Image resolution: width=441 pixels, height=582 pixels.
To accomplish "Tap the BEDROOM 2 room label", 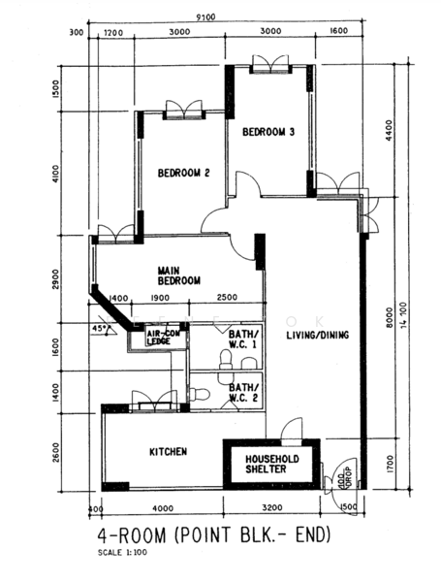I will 183,175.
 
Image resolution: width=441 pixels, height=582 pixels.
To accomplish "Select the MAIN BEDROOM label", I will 179,275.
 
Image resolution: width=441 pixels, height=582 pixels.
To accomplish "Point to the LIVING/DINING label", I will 317,337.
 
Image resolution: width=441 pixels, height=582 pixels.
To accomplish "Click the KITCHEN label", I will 168,452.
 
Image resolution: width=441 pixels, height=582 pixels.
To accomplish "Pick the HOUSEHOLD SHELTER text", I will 271,463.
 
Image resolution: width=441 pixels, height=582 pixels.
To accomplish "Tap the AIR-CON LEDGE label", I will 161,337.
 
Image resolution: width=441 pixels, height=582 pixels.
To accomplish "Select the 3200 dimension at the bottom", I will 271,507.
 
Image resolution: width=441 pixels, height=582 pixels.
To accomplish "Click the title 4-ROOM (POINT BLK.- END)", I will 214,534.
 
